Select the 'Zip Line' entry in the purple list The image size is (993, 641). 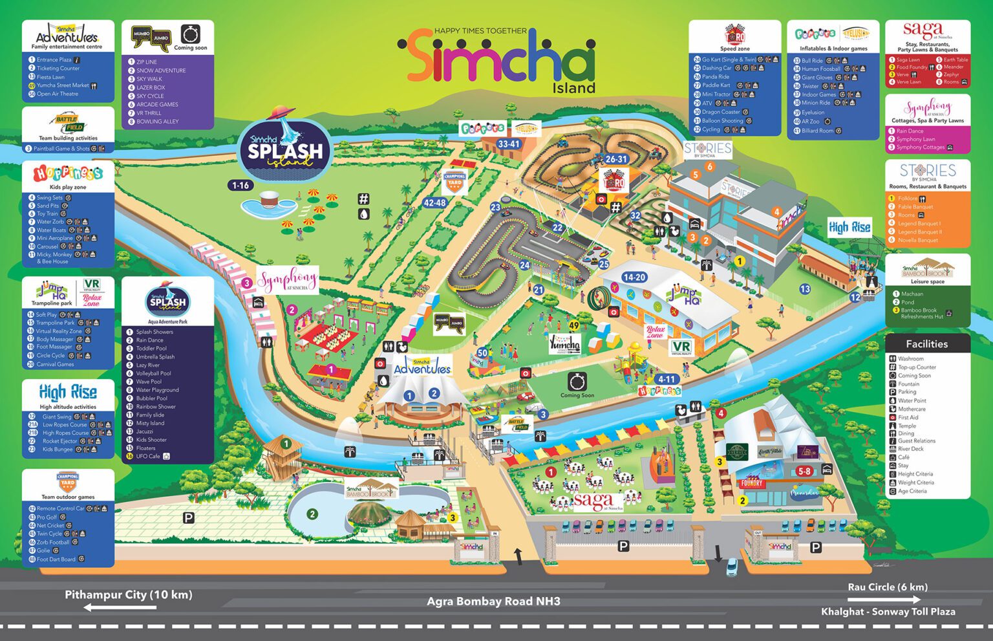147,62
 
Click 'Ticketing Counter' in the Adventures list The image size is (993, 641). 58,68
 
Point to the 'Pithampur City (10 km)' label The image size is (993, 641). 128,595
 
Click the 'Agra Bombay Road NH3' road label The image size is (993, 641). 493,602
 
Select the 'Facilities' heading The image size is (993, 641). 926,344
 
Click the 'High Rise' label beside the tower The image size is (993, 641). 849,227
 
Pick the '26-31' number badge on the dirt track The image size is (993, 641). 616,159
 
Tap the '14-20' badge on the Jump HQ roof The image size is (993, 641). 634,277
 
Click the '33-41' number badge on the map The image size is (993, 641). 509,144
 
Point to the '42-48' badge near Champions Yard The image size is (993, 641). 434,202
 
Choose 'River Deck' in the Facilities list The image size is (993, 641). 911,449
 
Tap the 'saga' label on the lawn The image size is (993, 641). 593,501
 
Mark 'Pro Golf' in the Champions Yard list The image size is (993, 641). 47,517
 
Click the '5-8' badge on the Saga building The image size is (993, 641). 804,472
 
